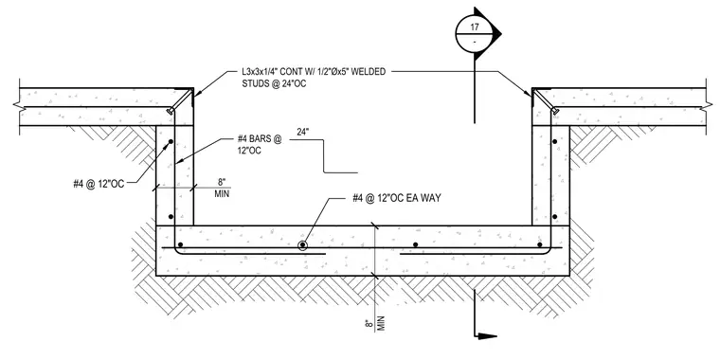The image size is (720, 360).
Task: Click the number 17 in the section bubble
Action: click(x=475, y=27)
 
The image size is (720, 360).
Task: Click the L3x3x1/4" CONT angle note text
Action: click(x=314, y=73)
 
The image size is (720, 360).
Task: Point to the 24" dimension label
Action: click(x=302, y=133)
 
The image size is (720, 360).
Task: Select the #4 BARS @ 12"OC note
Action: click(x=260, y=144)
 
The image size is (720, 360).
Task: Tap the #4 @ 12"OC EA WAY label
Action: click(x=397, y=198)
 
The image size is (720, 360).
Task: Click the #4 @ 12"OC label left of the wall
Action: click(x=99, y=184)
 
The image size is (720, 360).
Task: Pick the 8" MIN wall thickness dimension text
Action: click(x=222, y=189)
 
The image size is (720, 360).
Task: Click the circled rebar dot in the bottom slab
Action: click(x=302, y=245)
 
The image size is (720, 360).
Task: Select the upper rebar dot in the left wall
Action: click(x=170, y=142)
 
